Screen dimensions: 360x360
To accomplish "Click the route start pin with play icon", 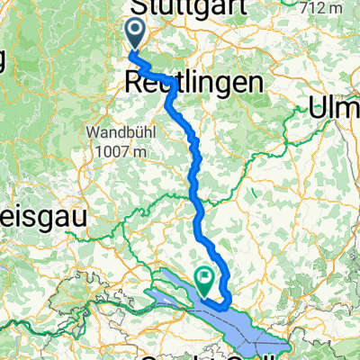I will point(136,34).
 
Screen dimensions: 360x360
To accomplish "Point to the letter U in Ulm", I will point(318,107).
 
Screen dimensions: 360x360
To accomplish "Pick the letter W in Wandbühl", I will point(94,131).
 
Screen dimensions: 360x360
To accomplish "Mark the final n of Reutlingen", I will point(261,83).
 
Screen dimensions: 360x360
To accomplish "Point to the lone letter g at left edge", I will point(4,61).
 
